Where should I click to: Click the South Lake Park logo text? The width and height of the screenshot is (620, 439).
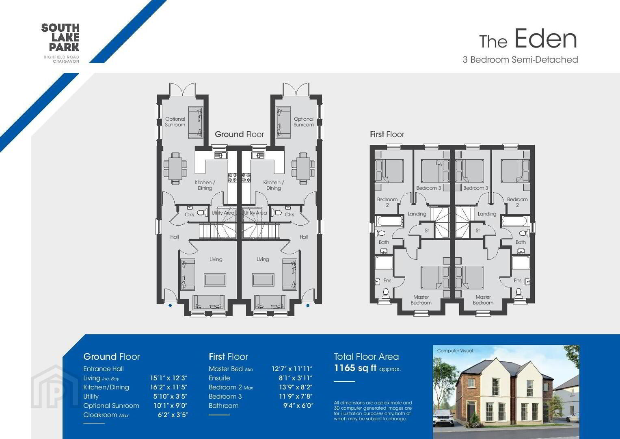pyautogui.click(x=60, y=37)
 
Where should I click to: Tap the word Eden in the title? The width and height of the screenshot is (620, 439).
pyautogui.click(x=546, y=39)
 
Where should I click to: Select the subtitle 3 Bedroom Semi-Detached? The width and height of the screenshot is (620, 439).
pyautogui.click(x=520, y=60)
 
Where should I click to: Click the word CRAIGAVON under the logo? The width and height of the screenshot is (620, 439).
pyautogui.click(x=66, y=61)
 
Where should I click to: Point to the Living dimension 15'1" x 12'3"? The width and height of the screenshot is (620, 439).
pyautogui.click(x=169, y=378)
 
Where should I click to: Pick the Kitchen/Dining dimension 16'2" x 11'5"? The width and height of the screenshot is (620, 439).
pyautogui.click(x=169, y=387)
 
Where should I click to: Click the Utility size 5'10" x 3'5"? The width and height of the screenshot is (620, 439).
pyautogui.click(x=171, y=396)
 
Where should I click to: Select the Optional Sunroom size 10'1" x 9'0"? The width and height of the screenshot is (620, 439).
pyautogui.click(x=171, y=406)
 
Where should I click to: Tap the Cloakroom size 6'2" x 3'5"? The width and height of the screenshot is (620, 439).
pyautogui.click(x=173, y=415)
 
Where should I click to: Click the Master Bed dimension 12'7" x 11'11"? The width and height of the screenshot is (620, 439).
pyautogui.click(x=292, y=369)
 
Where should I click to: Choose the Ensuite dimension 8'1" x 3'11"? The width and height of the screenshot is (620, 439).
pyautogui.click(x=296, y=378)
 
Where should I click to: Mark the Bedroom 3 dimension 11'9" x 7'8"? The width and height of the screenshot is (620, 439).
pyautogui.click(x=296, y=396)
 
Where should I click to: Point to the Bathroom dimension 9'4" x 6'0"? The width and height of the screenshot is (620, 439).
pyautogui.click(x=298, y=406)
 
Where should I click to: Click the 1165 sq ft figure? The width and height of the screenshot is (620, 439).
pyautogui.click(x=355, y=368)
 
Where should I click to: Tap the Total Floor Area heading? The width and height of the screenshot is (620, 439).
pyautogui.click(x=366, y=357)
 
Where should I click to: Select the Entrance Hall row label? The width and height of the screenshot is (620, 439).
pyautogui.click(x=103, y=369)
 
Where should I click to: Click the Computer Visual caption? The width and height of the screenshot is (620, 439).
pyautogui.click(x=455, y=350)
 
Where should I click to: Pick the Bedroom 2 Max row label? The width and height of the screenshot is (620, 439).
pyautogui.click(x=231, y=387)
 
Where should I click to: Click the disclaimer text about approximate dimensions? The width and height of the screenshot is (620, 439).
pyautogui.click(x=373, y=411)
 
